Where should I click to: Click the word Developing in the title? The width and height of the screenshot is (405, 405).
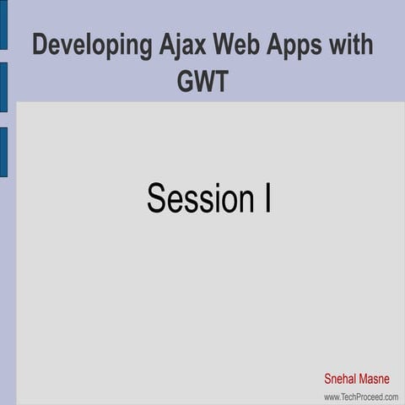click(x=91, y=46)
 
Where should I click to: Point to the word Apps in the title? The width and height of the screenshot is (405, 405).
click(x=299, y=46)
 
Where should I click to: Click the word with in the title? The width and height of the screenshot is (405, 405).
click(x=352, y=45)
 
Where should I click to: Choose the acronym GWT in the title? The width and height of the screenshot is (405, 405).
click(x=202, y=82)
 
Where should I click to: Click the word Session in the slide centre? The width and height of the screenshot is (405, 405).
click(x=197, y=197)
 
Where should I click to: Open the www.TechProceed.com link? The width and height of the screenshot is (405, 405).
click(x=360, y=396)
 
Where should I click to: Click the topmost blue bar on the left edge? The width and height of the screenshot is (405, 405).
click(x=3, y=24)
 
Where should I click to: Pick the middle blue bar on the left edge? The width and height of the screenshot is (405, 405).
click(x=3, y=87)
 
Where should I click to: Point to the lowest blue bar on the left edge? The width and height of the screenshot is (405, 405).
click(x=3, y=152)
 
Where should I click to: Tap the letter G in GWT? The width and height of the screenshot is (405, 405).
click(x=185, y=82)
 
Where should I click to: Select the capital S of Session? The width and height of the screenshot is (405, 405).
click(x=156, y=197)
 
